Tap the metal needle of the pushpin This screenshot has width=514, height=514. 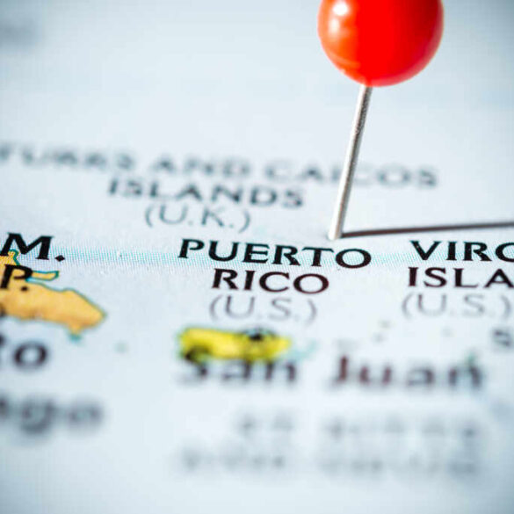pyautogui.click(x=351, y=158)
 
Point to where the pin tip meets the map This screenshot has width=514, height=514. pyautogui.click(x=334, y=235)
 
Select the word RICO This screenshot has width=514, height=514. pyautogui.click(x=269, y=281)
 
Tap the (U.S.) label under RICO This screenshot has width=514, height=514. pyautogui.click(x=263, y=308)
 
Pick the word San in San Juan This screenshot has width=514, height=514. pyautogui.click(x=238, y=372)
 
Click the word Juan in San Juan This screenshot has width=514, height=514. pyautogui.click(x=408, y=373)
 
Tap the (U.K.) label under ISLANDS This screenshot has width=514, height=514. pyautogui.click(x=198, y=215)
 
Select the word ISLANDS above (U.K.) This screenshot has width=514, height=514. pyautogui.click(x=206, y=190)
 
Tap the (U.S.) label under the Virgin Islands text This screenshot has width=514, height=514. pyautogui.click(x=457, y=306)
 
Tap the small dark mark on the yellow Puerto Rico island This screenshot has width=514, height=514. pyautogui.click(x=258, y=335)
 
